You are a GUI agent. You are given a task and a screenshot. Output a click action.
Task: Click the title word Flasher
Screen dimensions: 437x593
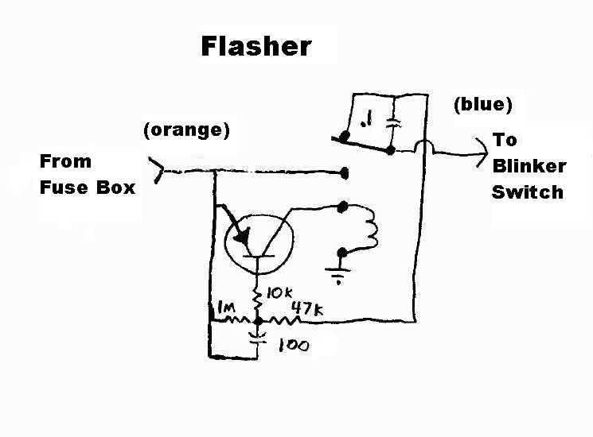pyautogui.click(x=256, y=45)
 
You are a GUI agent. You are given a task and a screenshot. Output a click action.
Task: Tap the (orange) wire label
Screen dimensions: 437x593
pyautogui.click(x=187, y=130)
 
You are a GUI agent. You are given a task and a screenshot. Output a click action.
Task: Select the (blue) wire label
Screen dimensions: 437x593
pyautogui.click(x=482, y=104)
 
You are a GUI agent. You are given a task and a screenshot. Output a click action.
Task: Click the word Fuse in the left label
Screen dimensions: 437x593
pyautogui.click(x=60, y=188)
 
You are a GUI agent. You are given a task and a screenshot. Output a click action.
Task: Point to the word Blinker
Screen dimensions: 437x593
pyautogui.click(x=529, y=166)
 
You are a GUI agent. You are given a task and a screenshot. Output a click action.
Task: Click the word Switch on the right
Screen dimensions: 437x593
pyautogui.click(x=526, y=192)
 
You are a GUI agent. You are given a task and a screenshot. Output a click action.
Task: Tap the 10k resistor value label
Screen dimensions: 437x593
pyautogui.click(x=278, y=293)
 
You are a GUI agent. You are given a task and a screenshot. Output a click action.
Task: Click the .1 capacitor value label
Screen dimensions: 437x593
pyautogui.click(x=366, y=121)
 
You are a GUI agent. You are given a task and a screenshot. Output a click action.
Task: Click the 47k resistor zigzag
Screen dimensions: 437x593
pyautogui.click(x=284, y=321)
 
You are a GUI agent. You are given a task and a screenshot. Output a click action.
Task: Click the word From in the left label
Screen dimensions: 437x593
pyautogui.click(x=65, y=161)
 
